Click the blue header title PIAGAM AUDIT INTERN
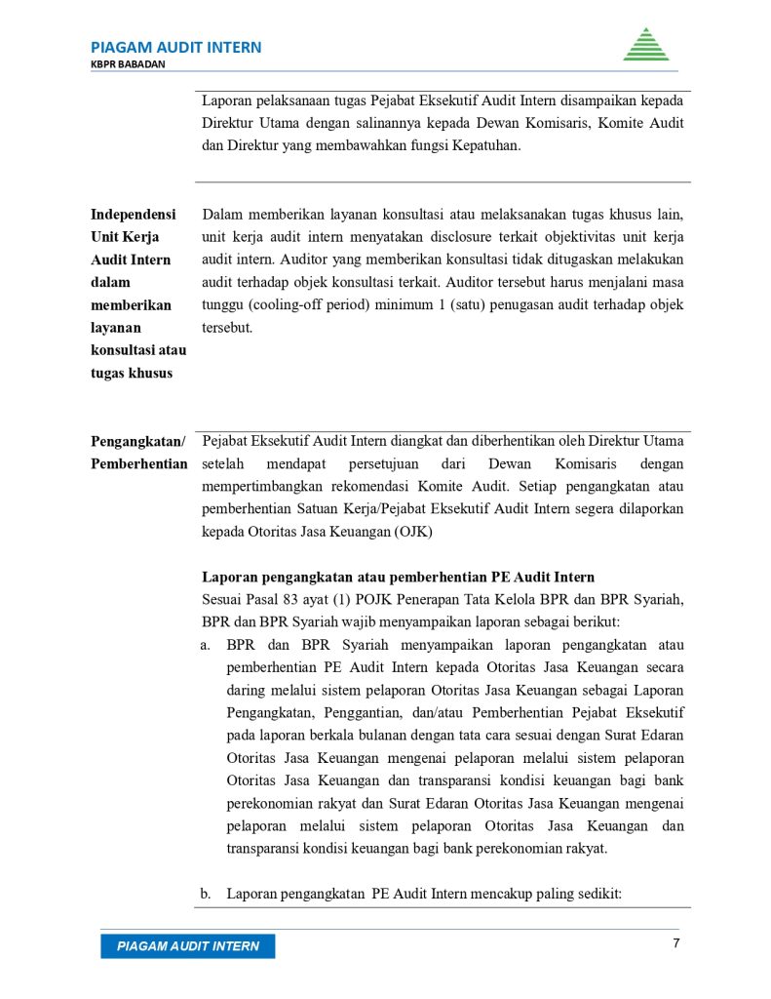coord(175,47)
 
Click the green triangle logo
coord(645,45)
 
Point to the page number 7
coord(675,943)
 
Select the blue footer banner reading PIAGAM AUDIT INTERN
coord(187,946)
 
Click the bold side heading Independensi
coord(134,214)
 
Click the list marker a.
coord(206,645)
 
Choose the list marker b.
coord(206,893)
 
